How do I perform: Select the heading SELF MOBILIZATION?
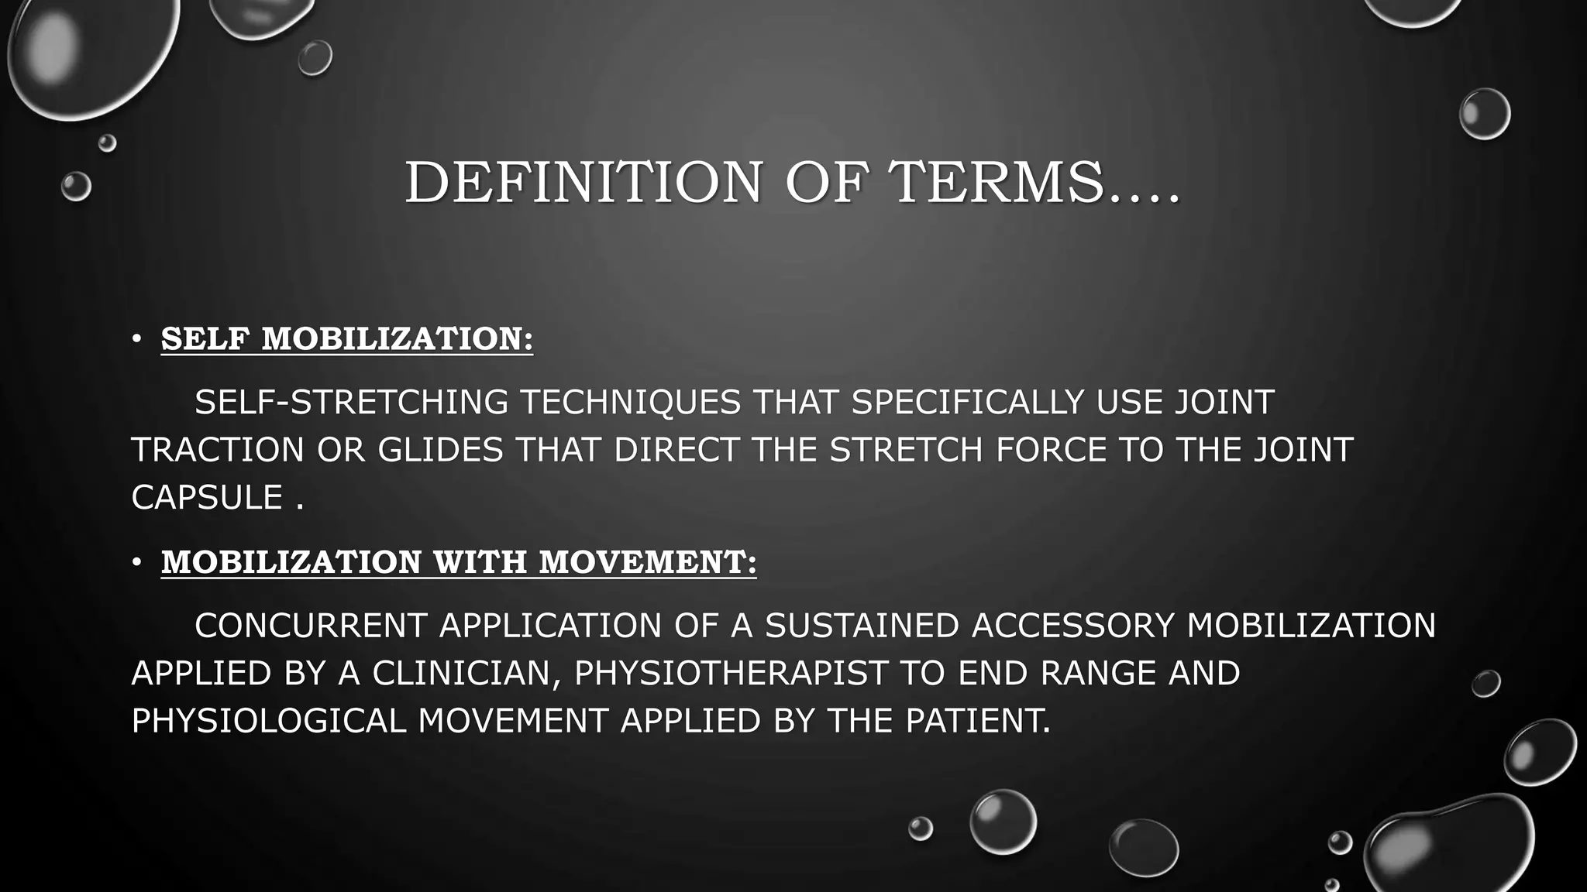[346, 339]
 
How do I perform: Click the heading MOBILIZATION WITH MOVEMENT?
[458, 562]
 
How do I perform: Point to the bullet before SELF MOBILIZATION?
[136, 339]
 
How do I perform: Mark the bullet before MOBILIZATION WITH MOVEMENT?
[136, 562]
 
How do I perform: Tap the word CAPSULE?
[207, 498]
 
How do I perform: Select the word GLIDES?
[440, 450]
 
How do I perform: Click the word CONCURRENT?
[310, 626]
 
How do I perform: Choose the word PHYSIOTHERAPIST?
[731, 673]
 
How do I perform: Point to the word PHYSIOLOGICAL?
[268, 721]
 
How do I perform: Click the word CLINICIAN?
[466, 673]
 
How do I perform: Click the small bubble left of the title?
[76, 187]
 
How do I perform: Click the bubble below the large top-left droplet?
[107, 142]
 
